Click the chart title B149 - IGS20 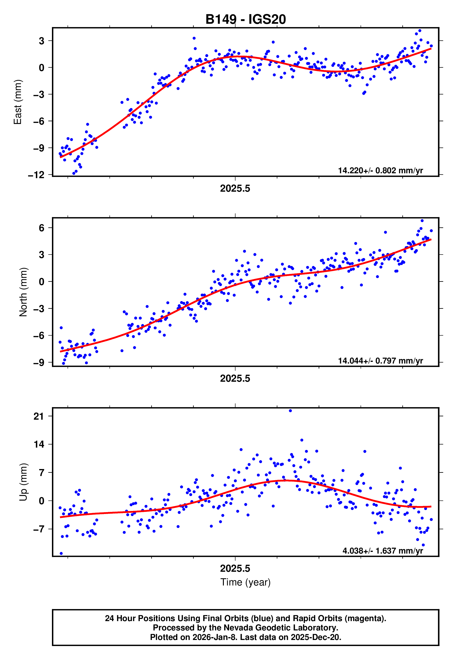click(246, 20)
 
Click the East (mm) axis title click(18, 102)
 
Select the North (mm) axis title click(23, 292)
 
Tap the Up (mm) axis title click(23, 482)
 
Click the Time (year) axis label click(246, 582)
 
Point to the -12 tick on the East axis click(36, 175)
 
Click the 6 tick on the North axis click(41, 228)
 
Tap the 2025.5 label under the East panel click(235, 189)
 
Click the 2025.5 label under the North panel click(235, 379)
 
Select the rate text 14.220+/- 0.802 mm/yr click(380, 170)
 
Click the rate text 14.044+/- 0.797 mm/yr click(380, 361)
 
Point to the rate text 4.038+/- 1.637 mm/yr click(382, 551)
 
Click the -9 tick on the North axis click(39, 363)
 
